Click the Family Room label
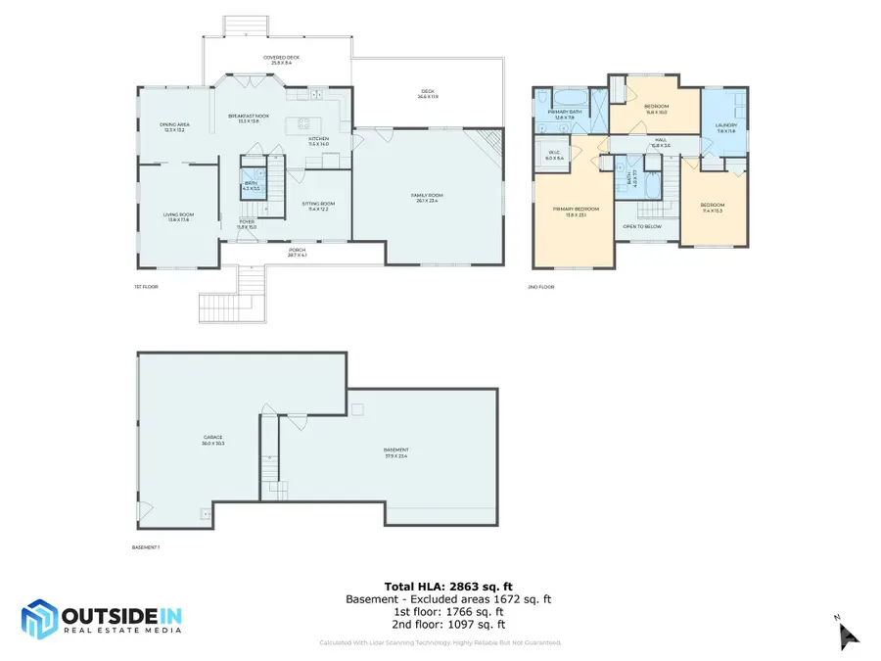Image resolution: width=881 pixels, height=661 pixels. pos(426,196)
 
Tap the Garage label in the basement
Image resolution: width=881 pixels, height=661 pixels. pos(212,438)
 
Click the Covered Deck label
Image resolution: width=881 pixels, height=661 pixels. pos(282,58)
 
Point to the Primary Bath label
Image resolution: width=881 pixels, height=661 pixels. pos(565,113)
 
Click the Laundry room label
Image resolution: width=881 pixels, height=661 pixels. pos(726,125)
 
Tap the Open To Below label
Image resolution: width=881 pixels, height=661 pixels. pos(643,226)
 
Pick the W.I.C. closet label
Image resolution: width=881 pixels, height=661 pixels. pos(554,153)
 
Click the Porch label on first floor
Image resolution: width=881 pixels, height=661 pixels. pos(298,250)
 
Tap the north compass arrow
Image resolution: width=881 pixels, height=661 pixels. pos(848,634)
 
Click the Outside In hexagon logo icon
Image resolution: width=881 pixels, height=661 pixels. pos(39,619)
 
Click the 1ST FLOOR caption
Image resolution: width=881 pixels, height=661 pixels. pos(146,287)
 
